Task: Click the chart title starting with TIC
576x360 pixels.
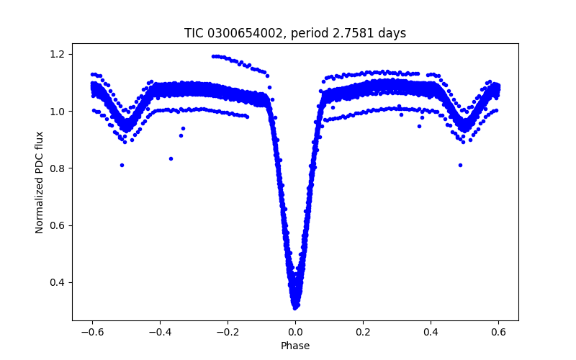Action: click(295, 33)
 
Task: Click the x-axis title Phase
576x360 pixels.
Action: click(295, 346)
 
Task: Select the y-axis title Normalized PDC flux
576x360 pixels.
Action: click(40, 181)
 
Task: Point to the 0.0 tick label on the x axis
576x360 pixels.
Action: click(295, 332)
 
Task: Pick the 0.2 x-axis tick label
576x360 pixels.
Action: click(363, 332)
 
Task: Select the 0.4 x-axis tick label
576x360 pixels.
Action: click(431, 332)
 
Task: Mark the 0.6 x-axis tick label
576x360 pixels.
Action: click(498, 332)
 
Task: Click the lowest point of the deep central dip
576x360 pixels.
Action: click(295, 307)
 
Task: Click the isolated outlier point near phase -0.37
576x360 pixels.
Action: click(171, 158)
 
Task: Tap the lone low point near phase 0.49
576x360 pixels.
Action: click(460, 165)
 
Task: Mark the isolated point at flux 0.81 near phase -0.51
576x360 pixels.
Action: click(122, 165)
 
